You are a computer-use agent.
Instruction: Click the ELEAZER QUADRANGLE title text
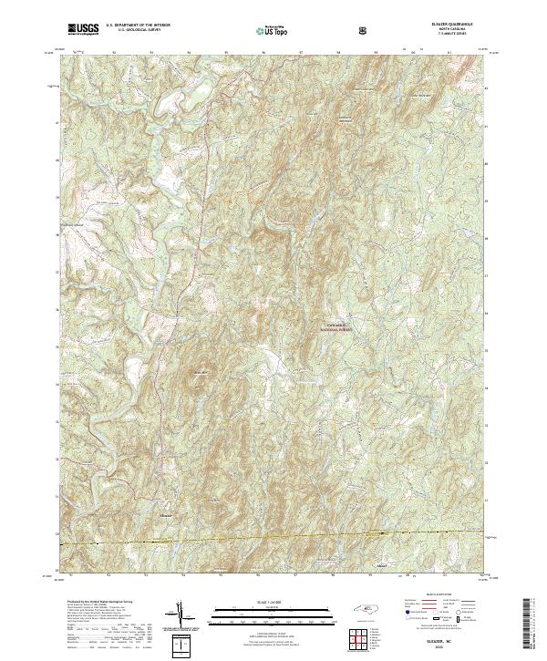tap(446, 25)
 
